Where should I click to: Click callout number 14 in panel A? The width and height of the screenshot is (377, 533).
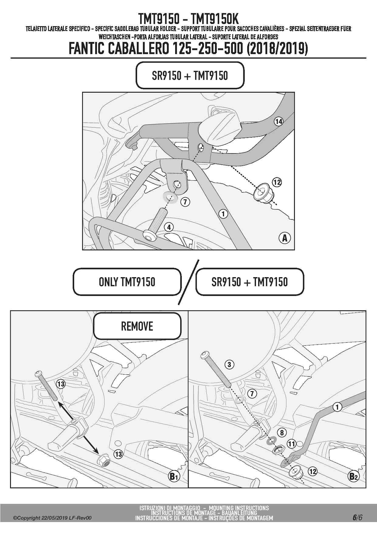pyautogui.click(x=278, y=122)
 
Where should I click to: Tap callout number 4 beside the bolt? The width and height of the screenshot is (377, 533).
pyautogui.click(x=169, y=227)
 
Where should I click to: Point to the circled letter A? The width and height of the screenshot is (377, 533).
pyautogui.click(x=285, y=238)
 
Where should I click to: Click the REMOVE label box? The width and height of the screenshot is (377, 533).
pyautogui.click(x=137, y=326)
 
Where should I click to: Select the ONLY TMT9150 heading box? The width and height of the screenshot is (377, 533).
pyautogui.click(x=127, y=282)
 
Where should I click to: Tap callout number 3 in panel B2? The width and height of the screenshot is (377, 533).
pyautogui.click(x=229, y=364)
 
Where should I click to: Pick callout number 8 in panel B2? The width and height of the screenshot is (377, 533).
pyautogui.click(x=282, y=432)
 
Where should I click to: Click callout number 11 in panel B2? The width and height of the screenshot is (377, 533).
pyautogui.click(x=292, y=444)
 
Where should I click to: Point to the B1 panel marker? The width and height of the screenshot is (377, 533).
pyautogui.click(x=174, y=476)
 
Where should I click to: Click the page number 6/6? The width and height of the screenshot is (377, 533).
pyautogui.click(x=358, y=518)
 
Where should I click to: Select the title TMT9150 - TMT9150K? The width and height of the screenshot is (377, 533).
pyautogui.click(x=188, y=19)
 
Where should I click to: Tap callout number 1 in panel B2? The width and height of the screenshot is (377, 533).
pyautogui.click(x=337, y=407)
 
